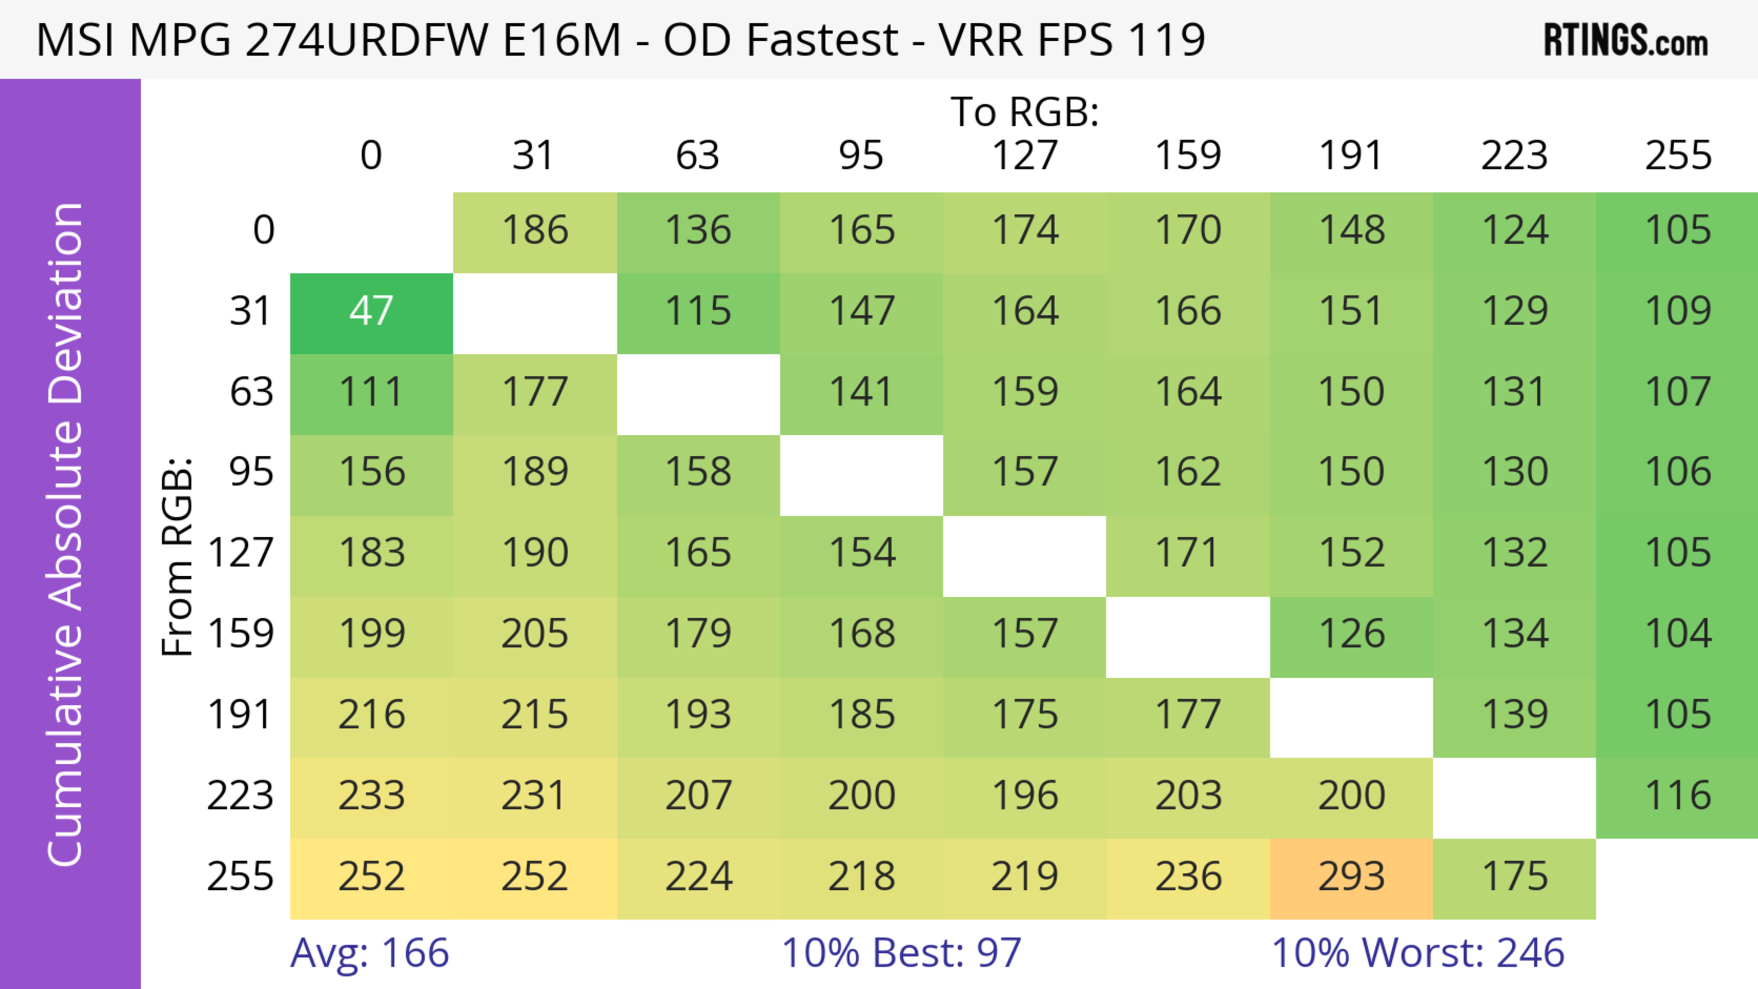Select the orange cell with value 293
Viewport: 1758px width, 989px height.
[1351, 878]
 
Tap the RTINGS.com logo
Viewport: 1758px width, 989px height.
[1626, 40]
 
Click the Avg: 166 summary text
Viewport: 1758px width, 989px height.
[369, 953]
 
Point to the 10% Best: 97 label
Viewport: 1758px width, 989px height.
[901, 953]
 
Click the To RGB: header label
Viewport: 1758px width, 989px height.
[1025, 112]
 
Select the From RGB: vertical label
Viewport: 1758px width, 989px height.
[178, 557]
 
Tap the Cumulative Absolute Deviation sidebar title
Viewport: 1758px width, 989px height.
[66, 535]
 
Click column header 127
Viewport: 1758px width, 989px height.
[1025, 156]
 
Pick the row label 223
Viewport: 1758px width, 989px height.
[240, 796]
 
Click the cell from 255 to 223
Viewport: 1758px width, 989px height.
[1514, 878]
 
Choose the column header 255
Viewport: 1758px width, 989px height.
[1677, 156]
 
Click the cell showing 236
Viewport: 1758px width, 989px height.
[1188, 878]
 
